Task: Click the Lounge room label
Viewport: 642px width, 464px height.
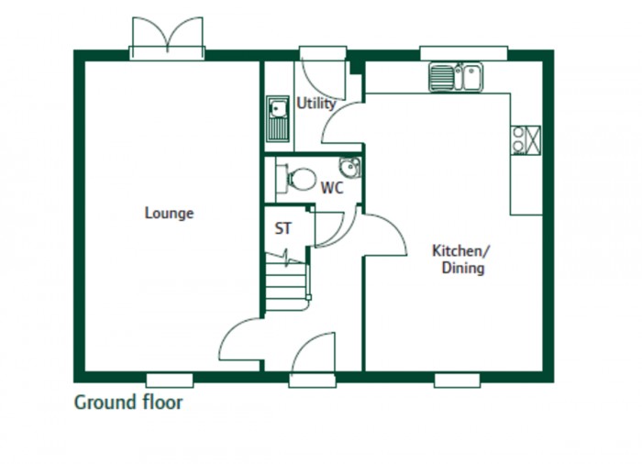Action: (170, 214)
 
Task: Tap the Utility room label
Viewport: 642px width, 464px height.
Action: (315, 104)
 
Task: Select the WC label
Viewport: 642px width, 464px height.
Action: (331, 188)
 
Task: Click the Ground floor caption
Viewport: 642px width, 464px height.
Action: (128, 402)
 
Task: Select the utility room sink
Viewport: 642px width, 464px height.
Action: (278, 118)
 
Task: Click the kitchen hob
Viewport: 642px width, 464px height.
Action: (526, 139)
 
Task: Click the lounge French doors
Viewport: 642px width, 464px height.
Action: (167, 39)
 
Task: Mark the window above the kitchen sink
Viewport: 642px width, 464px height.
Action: (463, 52)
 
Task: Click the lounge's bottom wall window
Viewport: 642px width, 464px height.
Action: (170, 379)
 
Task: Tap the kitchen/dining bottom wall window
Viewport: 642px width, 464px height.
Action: (458, 379)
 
